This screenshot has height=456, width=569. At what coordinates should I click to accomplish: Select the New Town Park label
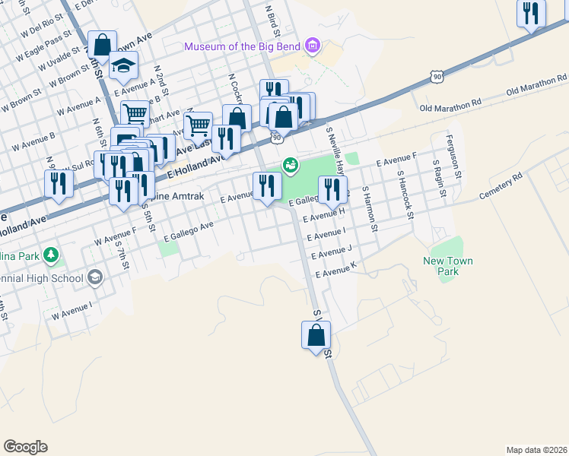click(448, 266)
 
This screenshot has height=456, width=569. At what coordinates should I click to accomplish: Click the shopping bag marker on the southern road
click(316, 334)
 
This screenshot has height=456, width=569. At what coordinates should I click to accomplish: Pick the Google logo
click(25, 447)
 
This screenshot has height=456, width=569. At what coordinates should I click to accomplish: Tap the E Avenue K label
click(335, 269)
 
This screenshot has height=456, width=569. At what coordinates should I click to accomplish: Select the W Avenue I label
click(72, 310)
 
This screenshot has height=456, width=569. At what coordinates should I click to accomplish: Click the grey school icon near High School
click(95, 277)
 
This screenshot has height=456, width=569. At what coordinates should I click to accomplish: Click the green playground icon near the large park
click(291, 165)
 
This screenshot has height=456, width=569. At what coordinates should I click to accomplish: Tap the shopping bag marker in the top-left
click(101, 46)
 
